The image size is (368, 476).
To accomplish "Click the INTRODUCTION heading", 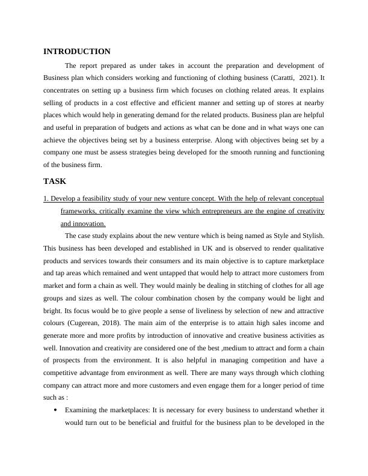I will [x=77, y=52].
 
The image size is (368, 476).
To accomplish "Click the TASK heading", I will [x=55, y=181].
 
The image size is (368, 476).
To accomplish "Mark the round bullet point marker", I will [x=55, y=410].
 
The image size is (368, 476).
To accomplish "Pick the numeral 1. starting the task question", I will [x=46, y=198].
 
